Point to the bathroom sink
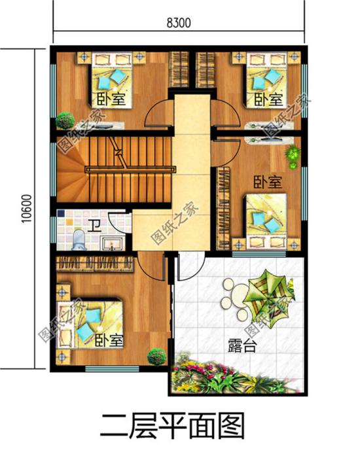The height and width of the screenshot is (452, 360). (113, 243)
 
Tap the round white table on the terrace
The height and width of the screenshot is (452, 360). (235, 291)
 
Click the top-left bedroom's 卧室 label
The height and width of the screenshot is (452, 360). (111, 99)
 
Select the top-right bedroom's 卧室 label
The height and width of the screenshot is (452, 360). (268, 99)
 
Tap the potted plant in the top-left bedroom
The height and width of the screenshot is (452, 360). (64, 120)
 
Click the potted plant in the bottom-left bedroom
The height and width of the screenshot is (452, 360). (156, 357)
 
